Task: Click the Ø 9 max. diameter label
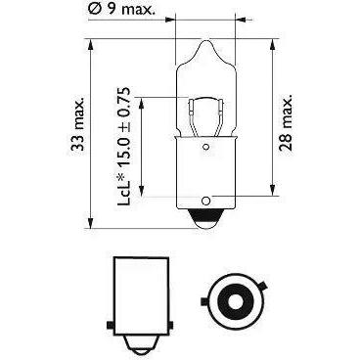(x=121, y=9)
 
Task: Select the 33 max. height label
(x=78, y=123)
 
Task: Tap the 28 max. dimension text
(x=286, y=122)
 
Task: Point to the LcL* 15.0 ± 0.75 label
(x=124, y=147)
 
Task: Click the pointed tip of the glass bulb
(x=205, y=41)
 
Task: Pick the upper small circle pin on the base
(x=205, y=147)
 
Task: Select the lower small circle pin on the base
(x=205, y=201)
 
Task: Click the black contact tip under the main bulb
(x=205, y=215)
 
